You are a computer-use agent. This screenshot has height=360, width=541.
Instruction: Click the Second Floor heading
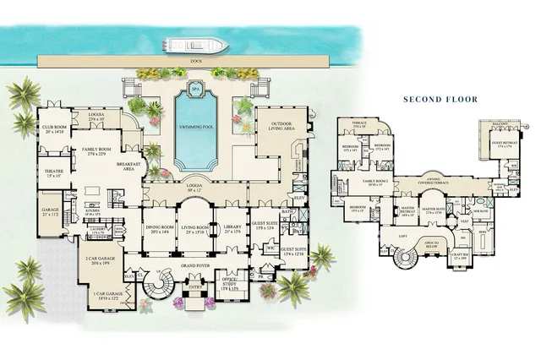pyautogui.click(x=440, y=99)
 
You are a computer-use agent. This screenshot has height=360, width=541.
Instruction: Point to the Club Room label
pyautogui.click(x=54, y=129)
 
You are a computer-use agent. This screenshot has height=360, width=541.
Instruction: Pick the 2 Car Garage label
pyautogui.click(x=100, y=261)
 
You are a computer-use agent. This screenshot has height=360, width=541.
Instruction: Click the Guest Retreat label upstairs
pyautogui.click(x=504, y=145)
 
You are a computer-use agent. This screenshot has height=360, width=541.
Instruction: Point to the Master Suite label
pyautogui.click(x=434, y=210)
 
